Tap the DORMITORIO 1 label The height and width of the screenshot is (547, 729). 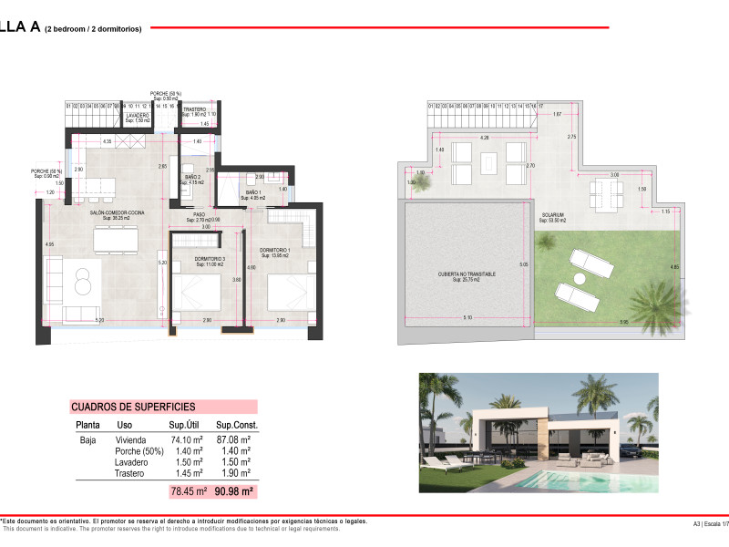[274, 250]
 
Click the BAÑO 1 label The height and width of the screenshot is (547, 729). [253, 193]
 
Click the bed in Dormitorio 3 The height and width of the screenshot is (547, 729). [200, 292]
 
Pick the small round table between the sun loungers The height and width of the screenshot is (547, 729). [578, 278]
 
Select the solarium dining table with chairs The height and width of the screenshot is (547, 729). [601, 191]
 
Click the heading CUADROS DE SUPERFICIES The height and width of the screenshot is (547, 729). [133, 407]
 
